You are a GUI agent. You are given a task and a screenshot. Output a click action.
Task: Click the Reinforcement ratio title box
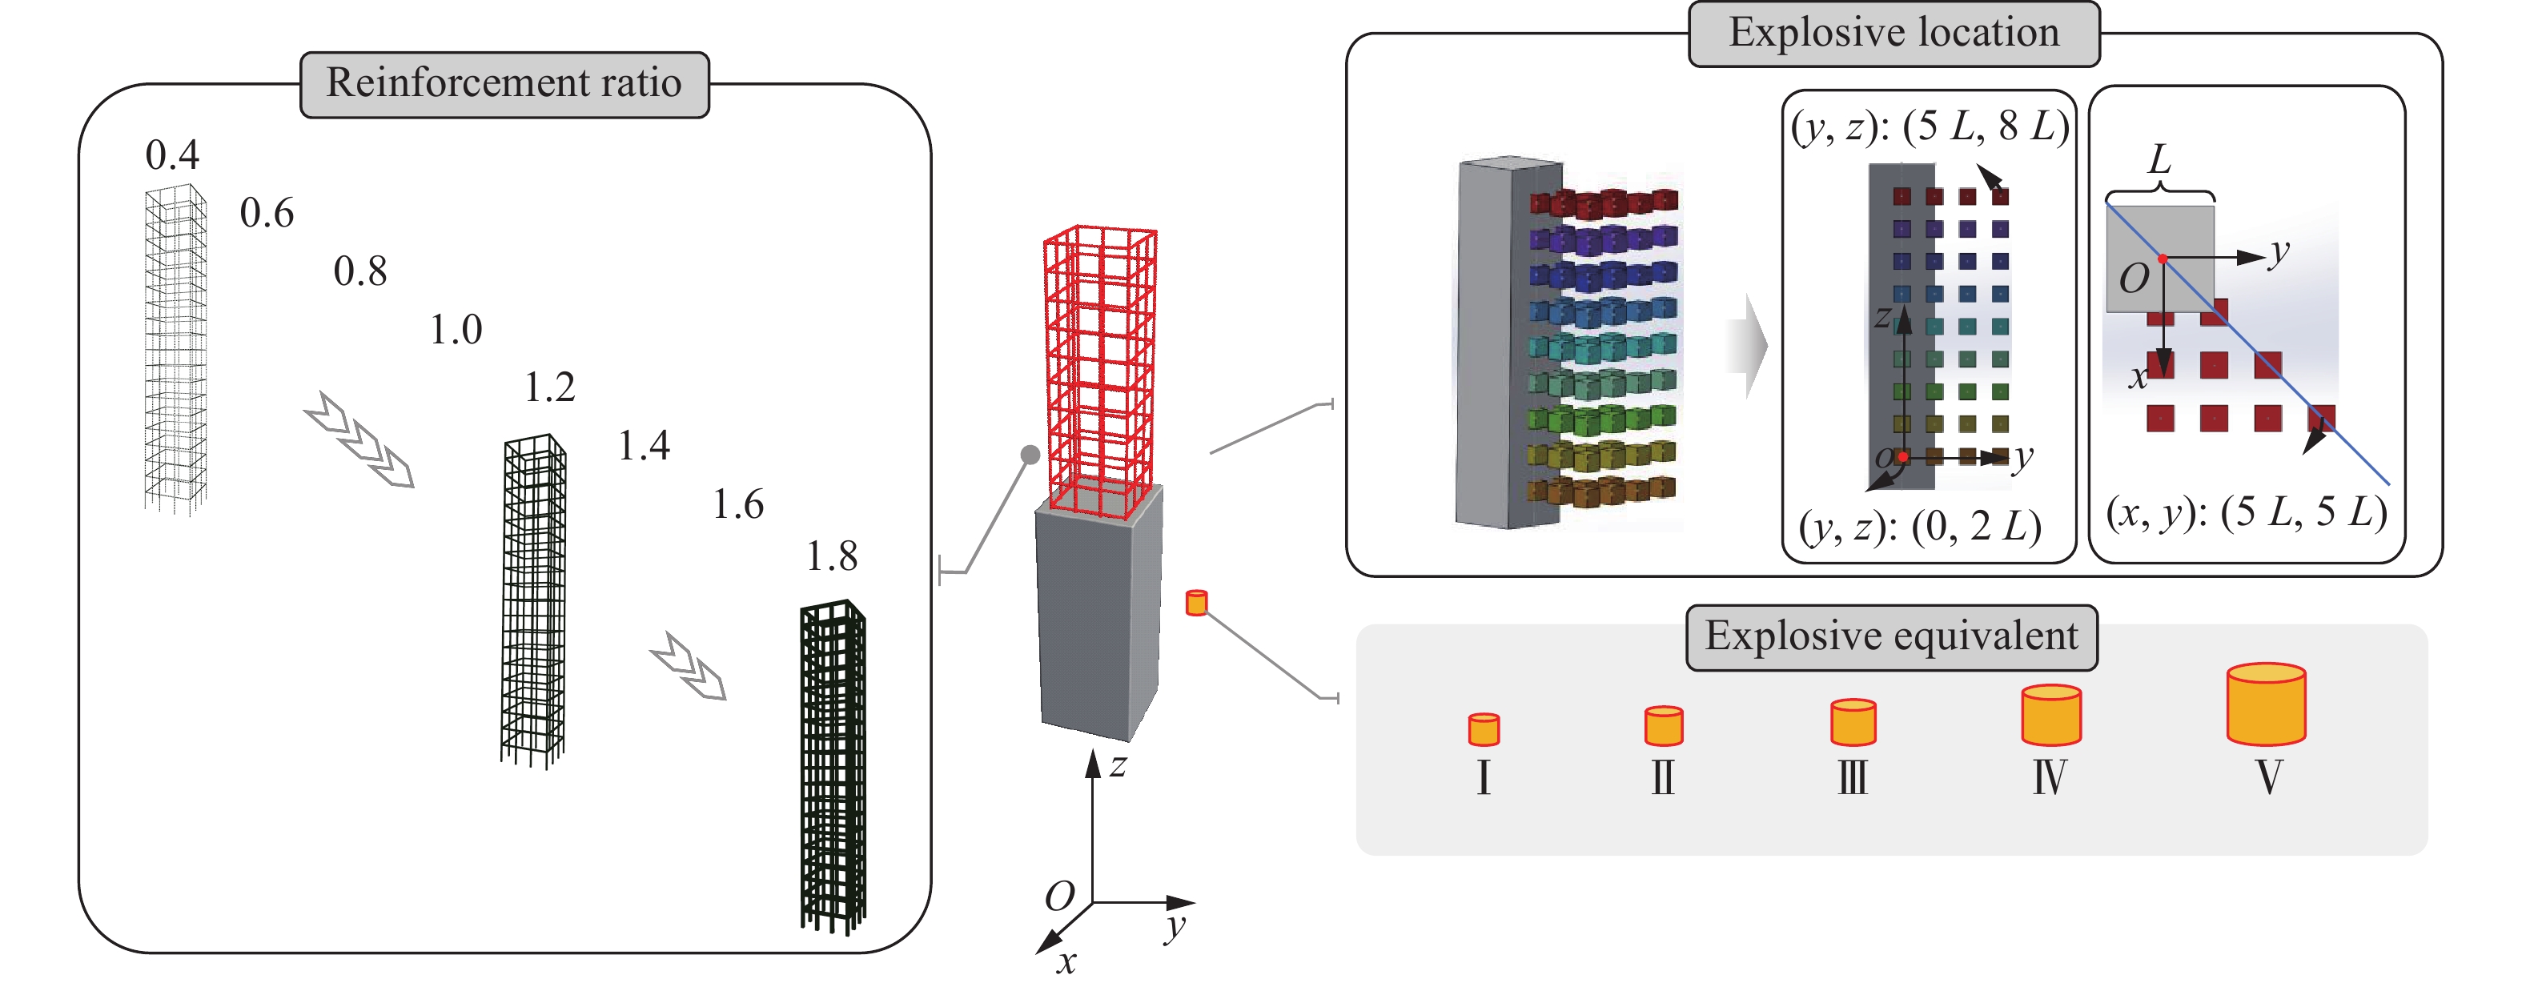point(504,84)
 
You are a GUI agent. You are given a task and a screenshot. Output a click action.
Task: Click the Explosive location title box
point(1894,34)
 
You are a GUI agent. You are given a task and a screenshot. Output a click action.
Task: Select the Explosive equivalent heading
point(1890,637)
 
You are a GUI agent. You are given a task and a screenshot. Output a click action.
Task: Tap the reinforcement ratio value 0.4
point(172,154)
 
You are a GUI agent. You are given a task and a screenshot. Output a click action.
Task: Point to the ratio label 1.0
point(456,330)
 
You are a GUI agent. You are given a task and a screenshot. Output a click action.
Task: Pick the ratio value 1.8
point(831,557)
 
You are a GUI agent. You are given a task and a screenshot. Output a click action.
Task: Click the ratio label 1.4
point(645,447)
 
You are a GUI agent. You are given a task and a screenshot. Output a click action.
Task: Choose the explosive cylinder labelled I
point(1484,729)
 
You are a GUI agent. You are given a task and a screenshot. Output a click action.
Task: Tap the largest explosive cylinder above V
point(2266,705)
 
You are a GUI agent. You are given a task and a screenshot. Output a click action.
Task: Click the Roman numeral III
point(1853,778)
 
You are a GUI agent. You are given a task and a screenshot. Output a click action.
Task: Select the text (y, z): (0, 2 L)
point(1920,528)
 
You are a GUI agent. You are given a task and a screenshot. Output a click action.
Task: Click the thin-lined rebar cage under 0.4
point(176,347)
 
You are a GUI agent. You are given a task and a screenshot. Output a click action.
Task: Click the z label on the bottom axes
point(1118,766)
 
